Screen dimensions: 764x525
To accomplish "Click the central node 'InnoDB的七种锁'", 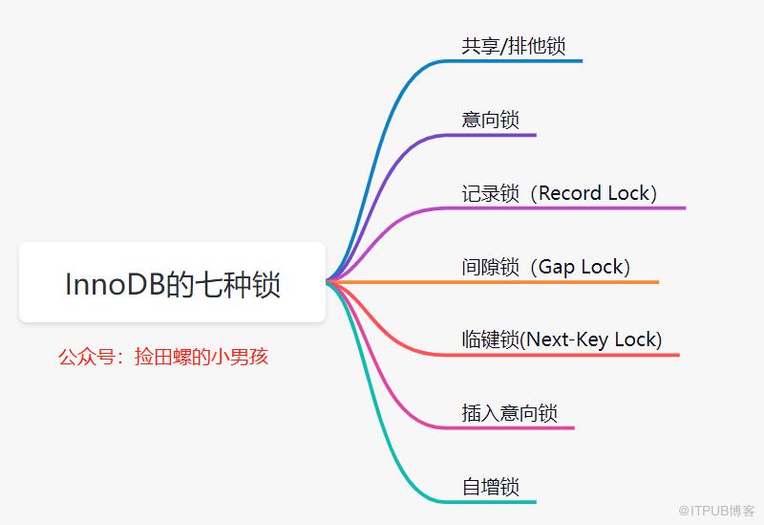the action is coord(173,282).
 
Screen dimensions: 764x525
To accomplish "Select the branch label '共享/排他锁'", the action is coord(514,46).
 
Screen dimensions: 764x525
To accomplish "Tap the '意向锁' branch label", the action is coord(490,120).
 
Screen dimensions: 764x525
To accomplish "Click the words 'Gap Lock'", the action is coord(581,267).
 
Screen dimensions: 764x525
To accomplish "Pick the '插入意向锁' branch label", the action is coord(509,413).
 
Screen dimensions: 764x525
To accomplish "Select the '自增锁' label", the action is coord(490,487).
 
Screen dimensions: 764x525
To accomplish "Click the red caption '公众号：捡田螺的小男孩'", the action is coord(163,357).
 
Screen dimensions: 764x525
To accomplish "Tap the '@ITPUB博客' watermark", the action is coord(716,511).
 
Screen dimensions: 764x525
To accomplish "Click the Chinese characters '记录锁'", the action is coord(490,193).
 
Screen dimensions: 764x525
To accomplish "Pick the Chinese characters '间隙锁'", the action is coord(490,267).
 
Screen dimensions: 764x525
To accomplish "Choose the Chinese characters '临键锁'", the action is coord(490,339).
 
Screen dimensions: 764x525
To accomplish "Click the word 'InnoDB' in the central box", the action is coord(115,283).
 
